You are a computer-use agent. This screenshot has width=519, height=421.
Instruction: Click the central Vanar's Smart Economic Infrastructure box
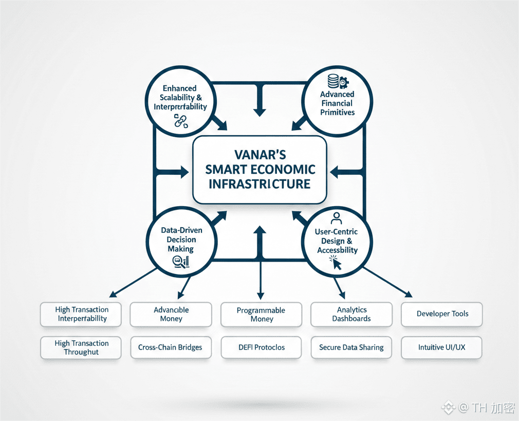point(259,169)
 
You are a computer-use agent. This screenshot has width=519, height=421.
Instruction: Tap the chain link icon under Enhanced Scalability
point(180,121)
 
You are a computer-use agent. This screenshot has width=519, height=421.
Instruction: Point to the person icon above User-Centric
point(337,217)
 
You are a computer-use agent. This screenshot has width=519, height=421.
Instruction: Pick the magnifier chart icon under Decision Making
point(180,262)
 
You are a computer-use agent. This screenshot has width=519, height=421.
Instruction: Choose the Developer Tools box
point(442,314)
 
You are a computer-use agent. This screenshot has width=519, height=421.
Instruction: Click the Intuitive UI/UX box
point(442,347)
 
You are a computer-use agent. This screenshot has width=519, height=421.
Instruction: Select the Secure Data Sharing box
point(351,347)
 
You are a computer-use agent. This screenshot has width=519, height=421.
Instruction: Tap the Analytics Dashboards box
point(351,314)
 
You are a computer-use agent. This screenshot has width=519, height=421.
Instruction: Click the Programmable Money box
point(261,315)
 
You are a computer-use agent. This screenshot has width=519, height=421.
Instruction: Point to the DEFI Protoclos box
point(261,347)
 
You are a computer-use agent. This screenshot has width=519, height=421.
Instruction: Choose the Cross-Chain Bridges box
point(171,347)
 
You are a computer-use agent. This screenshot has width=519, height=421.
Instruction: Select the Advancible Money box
point(171,314)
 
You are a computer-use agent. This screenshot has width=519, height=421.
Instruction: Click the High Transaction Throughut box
point(81,347)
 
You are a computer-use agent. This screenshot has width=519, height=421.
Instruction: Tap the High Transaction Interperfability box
point(81,314)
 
